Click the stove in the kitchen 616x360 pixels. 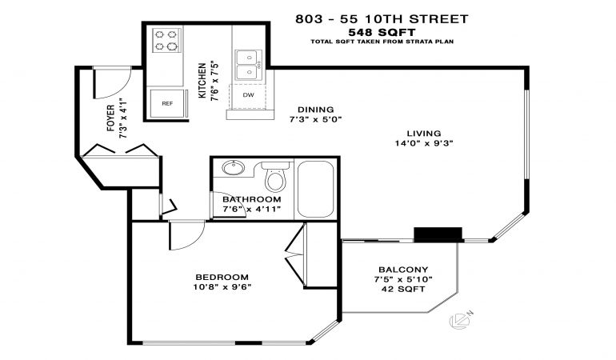coord(167,40)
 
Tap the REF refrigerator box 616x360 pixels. coord(167,103)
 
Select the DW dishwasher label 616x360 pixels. coord(248,94)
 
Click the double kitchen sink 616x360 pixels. coord(248,65)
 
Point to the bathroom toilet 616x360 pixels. coord(275,176)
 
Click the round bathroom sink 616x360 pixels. coord(234,168)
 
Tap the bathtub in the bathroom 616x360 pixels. coord(315,189)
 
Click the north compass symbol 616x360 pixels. coord(461,320)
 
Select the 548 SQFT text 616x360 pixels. coord(382,32)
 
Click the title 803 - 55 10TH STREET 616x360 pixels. coord(382,19)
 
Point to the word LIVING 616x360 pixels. coord(424,134)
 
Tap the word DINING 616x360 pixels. coord(316,110)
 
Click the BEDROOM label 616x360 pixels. coord(222,277)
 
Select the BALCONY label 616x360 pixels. coord(403,270)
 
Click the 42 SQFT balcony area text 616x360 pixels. coord(403,290)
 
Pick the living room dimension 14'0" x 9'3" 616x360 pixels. coord(424,143)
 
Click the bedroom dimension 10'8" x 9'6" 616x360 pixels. coord(222,287)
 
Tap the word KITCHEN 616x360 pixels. coord(202,81)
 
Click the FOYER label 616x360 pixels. coord(111,118)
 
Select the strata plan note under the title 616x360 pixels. coord(382,42)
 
